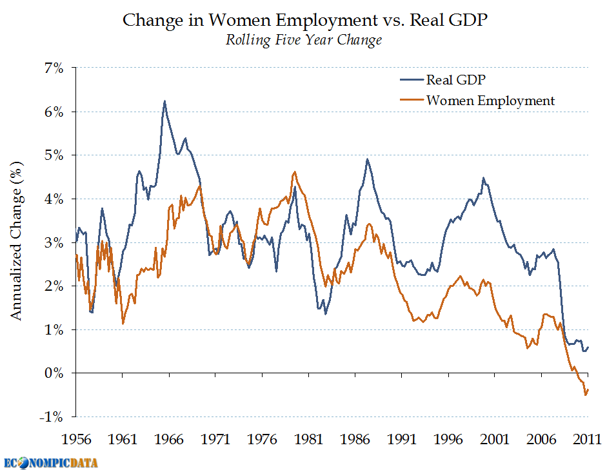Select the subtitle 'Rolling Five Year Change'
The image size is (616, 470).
(x=303, y=40)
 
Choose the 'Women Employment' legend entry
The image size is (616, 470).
(x=490, y=101)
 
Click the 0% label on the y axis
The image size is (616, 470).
(x=54, y=373)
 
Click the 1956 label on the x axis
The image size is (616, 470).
(x=76, y=440)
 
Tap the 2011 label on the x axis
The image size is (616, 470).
(x=588, y=440)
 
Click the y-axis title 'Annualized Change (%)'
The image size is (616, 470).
(x=17, y=242)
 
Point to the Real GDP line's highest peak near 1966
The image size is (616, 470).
(x=164, y=101)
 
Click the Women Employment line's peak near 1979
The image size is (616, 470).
(x=294, y=171)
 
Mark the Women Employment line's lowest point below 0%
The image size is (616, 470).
(x=585, y=395)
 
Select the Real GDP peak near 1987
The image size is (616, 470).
(x=367, y=159)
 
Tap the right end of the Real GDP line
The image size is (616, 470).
(x=588, y=347)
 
